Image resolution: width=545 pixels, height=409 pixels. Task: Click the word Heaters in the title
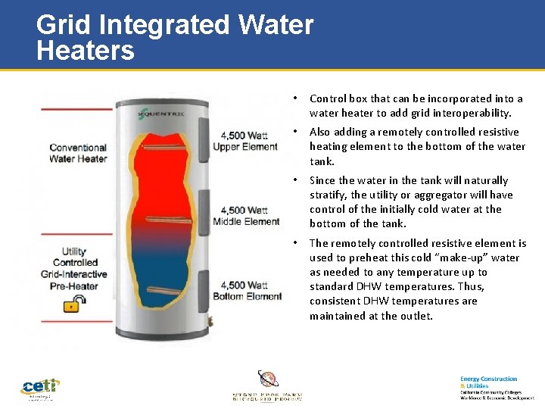tap(86, 51)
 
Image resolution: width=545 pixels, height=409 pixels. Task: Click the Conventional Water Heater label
tap(78, 153)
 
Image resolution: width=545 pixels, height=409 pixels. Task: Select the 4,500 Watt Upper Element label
tap(245, 141)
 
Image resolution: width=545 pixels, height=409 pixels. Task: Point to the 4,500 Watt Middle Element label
tap(246, 216)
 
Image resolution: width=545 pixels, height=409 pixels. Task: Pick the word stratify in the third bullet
tap(329, 195)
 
